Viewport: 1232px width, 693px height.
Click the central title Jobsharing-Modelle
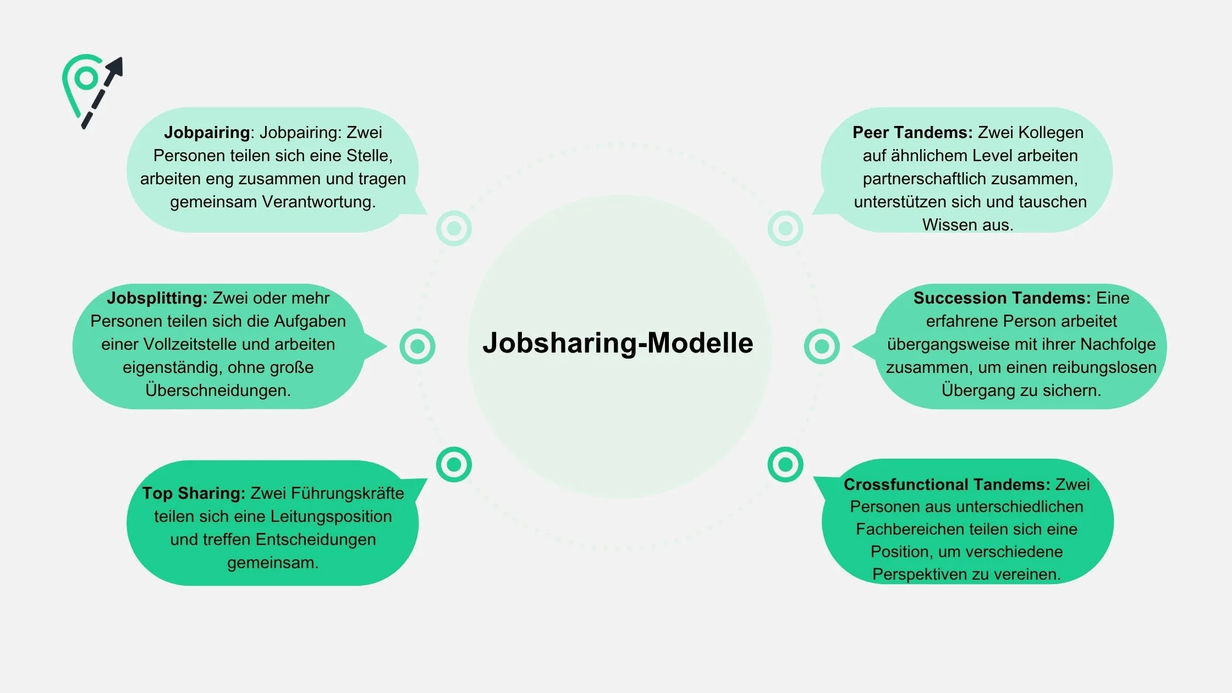(x=618, y=343)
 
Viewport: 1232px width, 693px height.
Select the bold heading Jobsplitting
(x=157, y=298)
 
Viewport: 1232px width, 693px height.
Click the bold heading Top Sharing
(x=194, y=493)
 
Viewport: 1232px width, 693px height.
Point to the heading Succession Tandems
(x=1002, y=298)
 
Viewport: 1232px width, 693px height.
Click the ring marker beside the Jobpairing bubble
(x=454, y=228)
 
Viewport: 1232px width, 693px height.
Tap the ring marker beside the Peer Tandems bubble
(x=785, y=228)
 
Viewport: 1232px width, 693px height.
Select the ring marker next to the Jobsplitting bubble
(x=417, y=346)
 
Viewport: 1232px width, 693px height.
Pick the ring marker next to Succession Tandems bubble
(x=822, y=346)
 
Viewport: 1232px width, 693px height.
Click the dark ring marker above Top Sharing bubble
(x=454, y=465)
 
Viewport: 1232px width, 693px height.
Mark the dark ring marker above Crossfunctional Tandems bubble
(x=785, y=465)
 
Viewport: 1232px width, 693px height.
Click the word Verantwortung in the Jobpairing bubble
(x=318, y=202)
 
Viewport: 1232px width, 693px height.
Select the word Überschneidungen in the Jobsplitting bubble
(x=218, y=391)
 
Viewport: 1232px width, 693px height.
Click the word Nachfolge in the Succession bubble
(x=1118, y=344)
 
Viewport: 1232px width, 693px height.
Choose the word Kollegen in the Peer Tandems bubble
(x=1050, y=133)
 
